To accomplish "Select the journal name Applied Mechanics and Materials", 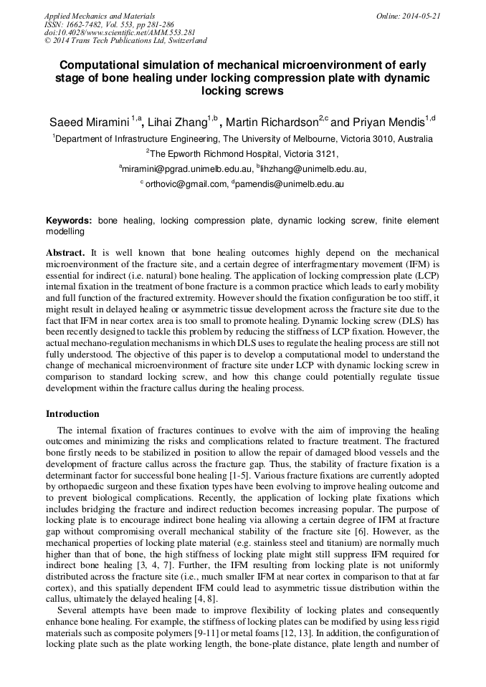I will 100,16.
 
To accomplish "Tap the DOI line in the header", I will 120,32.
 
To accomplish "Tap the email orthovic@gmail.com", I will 185,184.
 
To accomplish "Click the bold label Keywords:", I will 69,221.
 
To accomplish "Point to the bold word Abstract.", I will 65,253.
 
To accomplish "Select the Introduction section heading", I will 72,414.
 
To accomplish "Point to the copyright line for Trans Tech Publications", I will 125,41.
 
